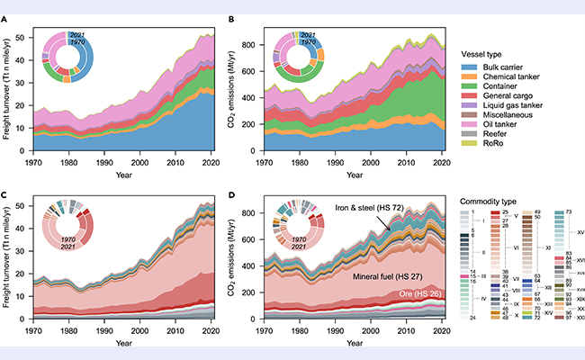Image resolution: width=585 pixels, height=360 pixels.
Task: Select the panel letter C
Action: click(6, 187)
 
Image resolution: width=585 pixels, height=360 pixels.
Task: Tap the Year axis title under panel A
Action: click(111, 175)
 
